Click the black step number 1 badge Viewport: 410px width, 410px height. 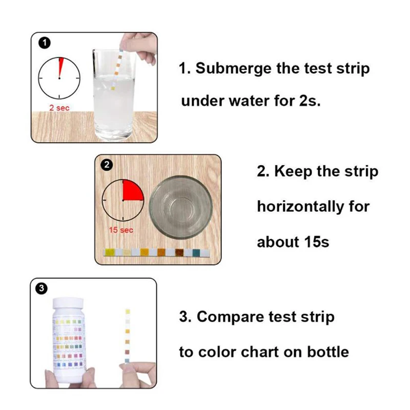45,44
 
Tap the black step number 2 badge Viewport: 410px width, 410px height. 107,165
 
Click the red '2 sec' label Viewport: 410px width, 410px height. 59,108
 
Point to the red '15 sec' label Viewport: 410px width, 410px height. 121,230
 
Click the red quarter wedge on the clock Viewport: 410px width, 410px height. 132,191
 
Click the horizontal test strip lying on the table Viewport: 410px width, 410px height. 156,252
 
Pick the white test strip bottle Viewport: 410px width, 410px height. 69,340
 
